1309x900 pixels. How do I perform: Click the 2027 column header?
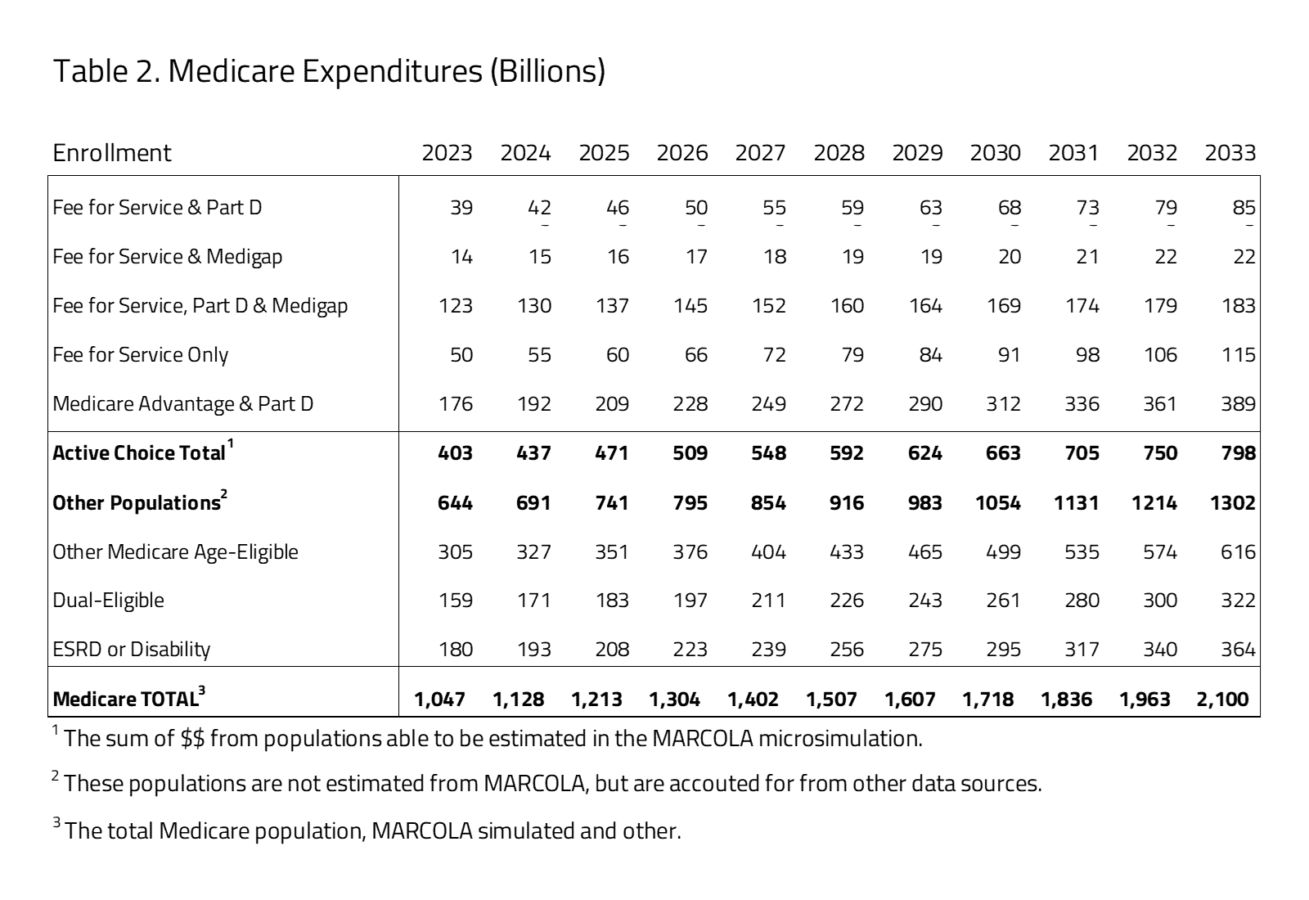760,153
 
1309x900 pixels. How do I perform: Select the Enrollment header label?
112,153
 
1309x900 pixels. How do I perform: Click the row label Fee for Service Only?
140,355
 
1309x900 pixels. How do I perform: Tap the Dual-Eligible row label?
108,601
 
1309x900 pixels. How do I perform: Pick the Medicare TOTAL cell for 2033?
1222,700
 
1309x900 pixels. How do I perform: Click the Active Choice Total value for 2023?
455,453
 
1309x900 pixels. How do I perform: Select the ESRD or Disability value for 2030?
1003,650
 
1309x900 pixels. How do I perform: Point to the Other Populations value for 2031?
1076,503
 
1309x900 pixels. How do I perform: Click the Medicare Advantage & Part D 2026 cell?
690,404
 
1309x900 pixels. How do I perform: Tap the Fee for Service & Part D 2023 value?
461,208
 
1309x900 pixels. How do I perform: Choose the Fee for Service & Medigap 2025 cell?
618,257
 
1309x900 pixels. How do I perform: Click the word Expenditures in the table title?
392,71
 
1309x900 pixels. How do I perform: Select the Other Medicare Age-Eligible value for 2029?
925,552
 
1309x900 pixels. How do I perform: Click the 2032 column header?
1152,153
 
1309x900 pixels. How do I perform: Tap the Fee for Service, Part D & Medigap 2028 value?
847,306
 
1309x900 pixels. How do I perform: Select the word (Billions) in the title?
547,71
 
